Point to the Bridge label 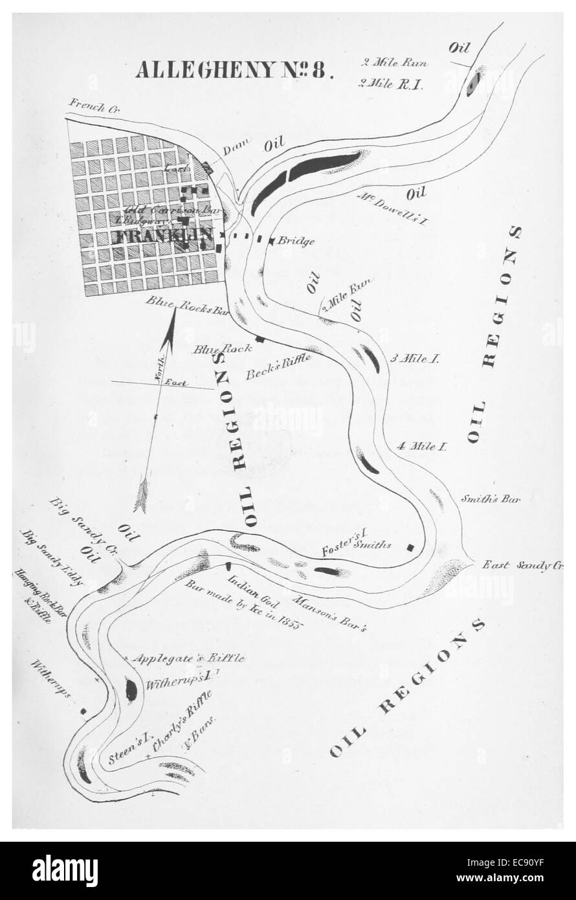(x=296, y=242)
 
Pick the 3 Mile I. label (x=414, y=359)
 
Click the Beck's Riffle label (x=279, y=366)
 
